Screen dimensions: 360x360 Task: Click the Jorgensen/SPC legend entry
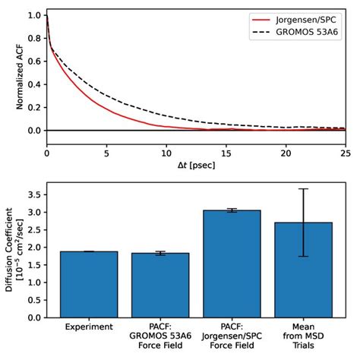(x=289, y=17)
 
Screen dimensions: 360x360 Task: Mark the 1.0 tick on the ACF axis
(x=33, y=15)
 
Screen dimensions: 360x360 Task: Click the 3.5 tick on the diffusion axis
(x=33, y=195)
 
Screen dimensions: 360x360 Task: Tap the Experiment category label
(x=89, y=327)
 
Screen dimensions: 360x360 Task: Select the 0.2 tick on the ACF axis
(x=33, y=107)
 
